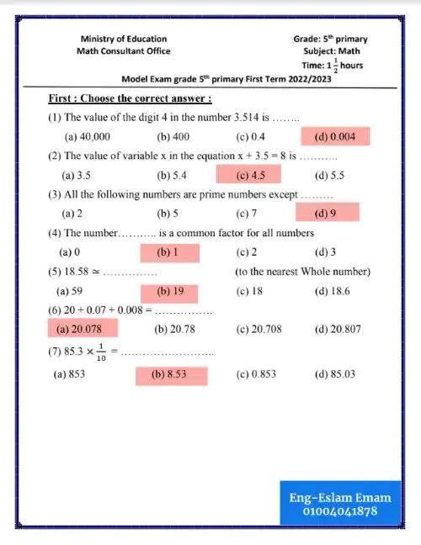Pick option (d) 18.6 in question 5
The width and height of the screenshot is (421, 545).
[332, 292]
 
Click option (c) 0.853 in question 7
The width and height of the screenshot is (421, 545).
[256, 374]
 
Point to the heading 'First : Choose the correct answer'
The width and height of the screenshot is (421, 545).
[130, 98]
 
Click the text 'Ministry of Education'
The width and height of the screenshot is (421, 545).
[123, 39]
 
